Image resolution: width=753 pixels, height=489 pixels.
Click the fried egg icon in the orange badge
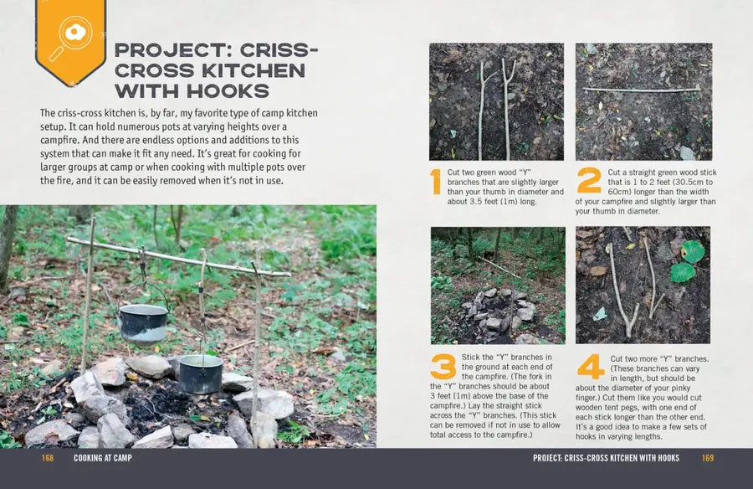[75, 33]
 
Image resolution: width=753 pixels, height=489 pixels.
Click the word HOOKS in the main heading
[228, 90]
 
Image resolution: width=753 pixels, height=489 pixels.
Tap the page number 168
[48, 458]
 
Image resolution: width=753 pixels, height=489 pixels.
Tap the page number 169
[708, 458]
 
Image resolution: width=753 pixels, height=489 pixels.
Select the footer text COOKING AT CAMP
[103, 458]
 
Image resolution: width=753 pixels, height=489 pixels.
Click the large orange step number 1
[436, 182]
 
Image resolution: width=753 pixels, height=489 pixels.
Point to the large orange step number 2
[589, 180]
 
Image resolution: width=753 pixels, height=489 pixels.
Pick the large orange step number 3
[443, 367]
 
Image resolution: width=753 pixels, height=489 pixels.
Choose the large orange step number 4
[591, 367]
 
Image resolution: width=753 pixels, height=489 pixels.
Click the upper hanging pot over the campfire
[143, 325]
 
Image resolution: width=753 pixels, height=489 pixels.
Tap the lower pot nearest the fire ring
[201, 374]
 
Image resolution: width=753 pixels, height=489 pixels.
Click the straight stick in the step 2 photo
[642, 90]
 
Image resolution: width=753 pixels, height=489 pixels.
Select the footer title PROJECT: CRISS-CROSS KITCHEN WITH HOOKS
[606, 458]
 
